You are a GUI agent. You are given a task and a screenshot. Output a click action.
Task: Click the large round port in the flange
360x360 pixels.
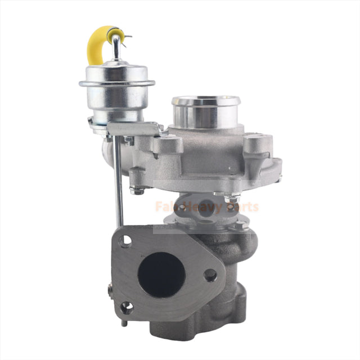[163, 273]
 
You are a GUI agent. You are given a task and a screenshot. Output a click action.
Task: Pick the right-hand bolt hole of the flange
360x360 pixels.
[210, 275]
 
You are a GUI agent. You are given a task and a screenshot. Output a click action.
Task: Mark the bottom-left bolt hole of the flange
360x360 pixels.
[127, 307]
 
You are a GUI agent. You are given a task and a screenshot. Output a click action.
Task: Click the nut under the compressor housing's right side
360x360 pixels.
[232, 199]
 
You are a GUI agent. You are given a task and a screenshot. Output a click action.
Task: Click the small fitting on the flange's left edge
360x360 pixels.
[111, 290]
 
